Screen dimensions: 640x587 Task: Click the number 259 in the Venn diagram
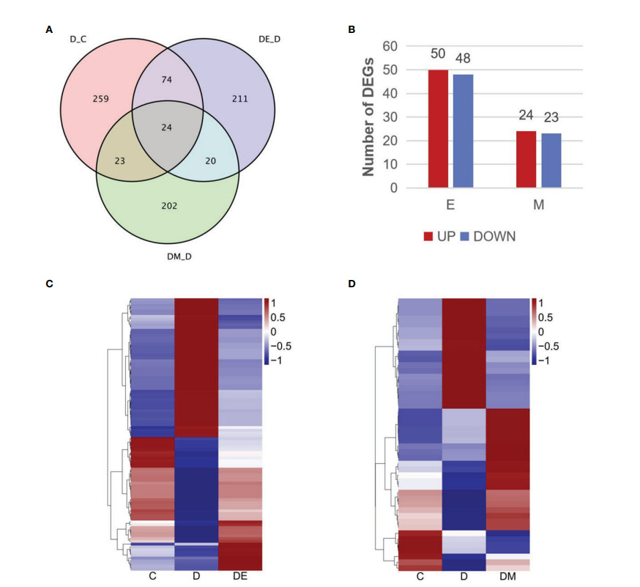pos(100,99)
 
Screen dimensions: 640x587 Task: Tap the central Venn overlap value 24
pos(166,128)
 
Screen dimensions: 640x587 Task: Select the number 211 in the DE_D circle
pos(240,99)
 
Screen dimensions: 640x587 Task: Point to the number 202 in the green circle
pos(169,206)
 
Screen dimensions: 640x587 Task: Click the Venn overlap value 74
pos(166,80)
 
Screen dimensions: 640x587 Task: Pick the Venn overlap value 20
pos(211,161)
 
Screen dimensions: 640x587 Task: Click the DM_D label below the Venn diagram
pos(179,256)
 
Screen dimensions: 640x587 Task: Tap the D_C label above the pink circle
pos(78,40)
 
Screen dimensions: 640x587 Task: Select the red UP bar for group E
pos(438,129)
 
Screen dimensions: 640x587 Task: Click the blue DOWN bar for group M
pos(551,160)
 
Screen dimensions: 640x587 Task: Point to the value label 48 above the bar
pos(463,59)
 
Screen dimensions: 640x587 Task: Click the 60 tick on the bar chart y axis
pos(390,46)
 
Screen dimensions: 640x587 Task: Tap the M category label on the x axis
pos(539,204)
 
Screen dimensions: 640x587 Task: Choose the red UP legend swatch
pos(428,237)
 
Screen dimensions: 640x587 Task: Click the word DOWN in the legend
pos(494,237)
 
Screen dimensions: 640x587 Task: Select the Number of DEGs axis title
pos(368,117)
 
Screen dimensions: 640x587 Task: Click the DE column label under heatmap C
pos(240,576)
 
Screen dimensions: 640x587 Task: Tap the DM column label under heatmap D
pos(507,577)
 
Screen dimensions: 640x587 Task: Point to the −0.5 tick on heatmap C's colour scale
pos(280,347)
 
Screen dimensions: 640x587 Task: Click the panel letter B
pos(351,29)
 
